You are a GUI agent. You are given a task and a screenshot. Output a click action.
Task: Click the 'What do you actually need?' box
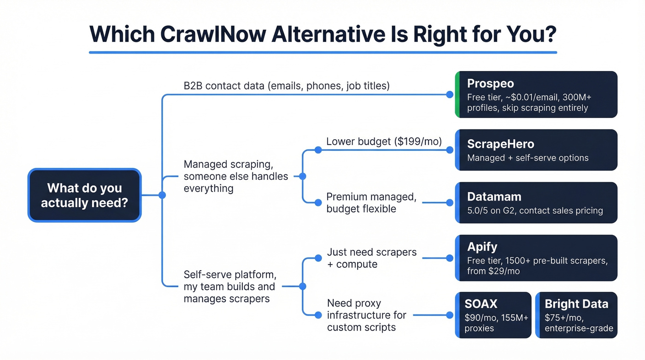click(x=84, y=195)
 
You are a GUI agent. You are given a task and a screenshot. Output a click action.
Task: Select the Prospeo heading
click(x=490, y=83)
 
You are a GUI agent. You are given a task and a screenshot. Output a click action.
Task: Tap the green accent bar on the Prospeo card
click(x=457, y=94)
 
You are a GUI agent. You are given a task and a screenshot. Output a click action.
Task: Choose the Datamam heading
click(x=494, y=197)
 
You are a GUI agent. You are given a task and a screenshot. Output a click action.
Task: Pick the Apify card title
click(x=482, y=247)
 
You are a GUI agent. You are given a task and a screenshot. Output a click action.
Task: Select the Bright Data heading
click(x=576, y=304)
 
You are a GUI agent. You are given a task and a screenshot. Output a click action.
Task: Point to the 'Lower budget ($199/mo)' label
click(x=384, y=142)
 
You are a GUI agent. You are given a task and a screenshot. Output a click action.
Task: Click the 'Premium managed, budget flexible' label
click(x=371, y=203)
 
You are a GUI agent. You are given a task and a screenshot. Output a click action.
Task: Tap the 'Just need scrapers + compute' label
click(x=371, y=258)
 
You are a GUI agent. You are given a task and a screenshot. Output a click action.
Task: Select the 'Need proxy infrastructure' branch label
click(x=366, y=315)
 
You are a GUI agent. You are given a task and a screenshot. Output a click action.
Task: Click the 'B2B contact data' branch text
click(x=287, y=86)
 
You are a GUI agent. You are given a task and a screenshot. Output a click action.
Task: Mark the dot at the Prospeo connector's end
click(x=450, y=95)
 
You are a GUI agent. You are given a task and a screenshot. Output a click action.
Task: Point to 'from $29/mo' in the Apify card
click(x=493, y=271)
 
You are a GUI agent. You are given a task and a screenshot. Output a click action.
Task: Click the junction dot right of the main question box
click(x=162, y=195)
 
